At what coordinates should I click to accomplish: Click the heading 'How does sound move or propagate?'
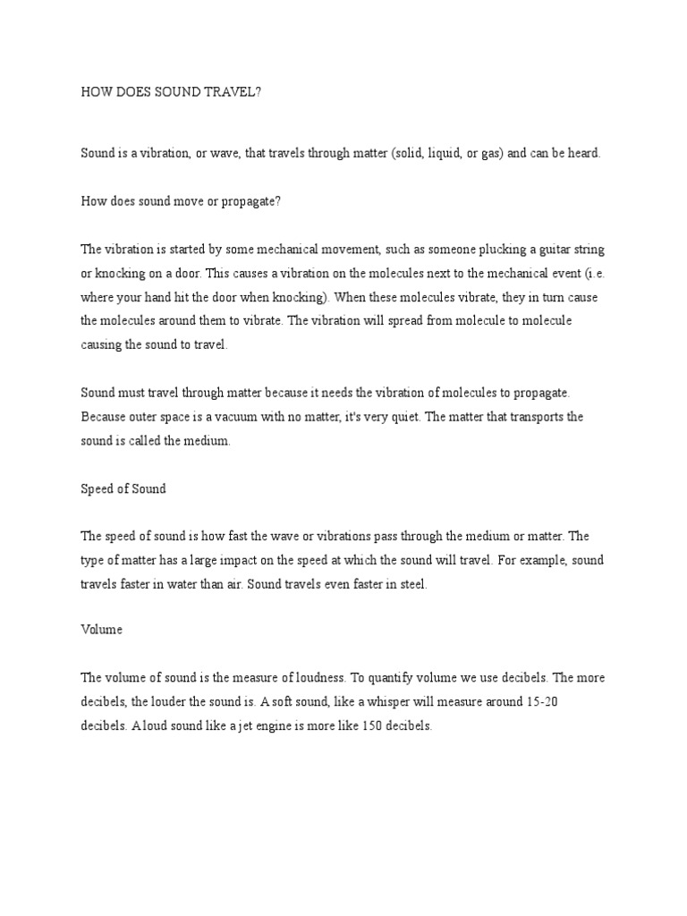pyautogui.click(x=182, y=201)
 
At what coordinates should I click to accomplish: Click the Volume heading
pyautogui.click(x=101, y=630)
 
